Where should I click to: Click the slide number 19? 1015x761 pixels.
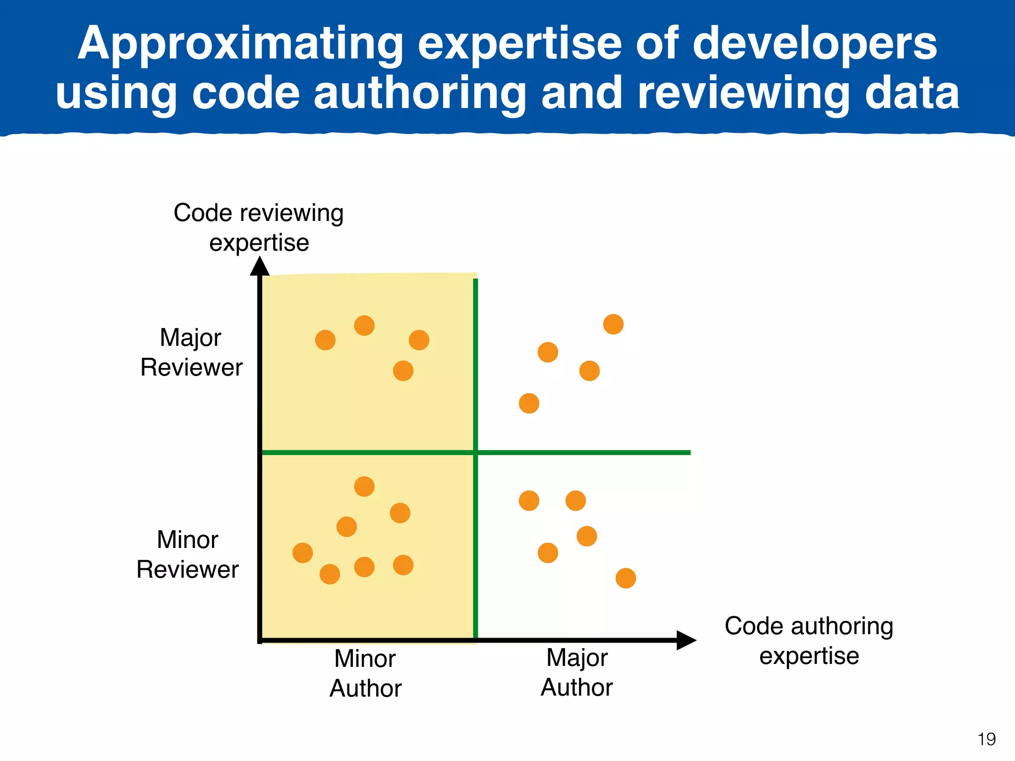click(x=986, y=739)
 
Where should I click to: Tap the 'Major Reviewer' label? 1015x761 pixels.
click(x=191, y=352)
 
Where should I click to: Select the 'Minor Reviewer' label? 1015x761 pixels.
click(x=187, y=554)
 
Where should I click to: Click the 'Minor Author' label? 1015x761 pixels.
click(x=365, y=673)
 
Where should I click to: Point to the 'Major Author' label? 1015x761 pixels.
click(x=576, y=672)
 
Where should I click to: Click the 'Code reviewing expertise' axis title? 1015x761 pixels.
click(x=259, y=227)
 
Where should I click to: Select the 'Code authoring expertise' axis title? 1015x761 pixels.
click(x=809, y=641)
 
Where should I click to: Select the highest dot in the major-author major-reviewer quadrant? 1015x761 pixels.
click(x=613, y=325)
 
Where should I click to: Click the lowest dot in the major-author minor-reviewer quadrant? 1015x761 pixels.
click(x=625, y=578)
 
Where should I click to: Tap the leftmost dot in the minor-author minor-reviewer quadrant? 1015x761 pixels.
click(x=302, y=553)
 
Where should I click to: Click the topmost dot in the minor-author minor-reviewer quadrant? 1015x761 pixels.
click(x=364, y=487)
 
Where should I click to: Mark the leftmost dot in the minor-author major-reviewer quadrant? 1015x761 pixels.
click(x=325, y=340)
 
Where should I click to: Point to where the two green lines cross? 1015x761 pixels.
click(x=476, y=452)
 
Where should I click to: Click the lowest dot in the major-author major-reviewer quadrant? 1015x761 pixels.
click(x=529, y=403)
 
